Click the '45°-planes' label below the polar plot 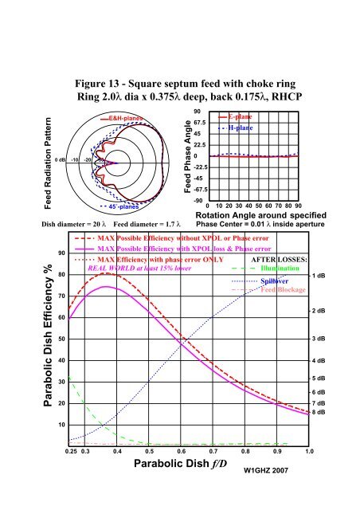[125, 206]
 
